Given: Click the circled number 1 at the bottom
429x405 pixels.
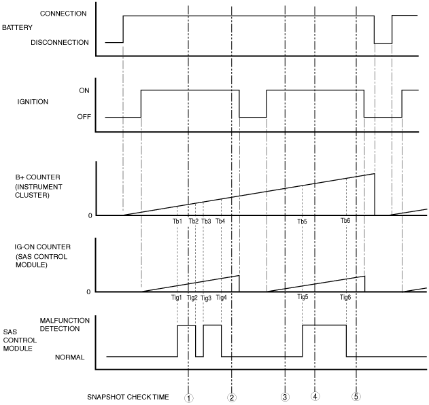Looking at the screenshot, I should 188,398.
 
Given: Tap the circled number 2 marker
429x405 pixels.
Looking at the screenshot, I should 232,398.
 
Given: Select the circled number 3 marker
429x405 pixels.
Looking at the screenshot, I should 285,397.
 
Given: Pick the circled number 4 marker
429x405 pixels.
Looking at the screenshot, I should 315,397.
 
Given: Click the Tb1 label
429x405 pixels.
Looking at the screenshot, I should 177,222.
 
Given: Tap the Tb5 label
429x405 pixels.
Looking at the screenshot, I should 302,222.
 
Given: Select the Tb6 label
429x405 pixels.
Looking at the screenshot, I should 345,222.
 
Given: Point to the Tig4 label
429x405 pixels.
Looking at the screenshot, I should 221,298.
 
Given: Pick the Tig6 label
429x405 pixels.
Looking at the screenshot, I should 345,298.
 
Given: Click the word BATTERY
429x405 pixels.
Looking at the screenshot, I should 17,29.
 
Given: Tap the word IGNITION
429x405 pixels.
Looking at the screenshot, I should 33,102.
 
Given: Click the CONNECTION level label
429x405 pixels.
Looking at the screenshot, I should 63,14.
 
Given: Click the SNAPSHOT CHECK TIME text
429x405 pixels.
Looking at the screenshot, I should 127,397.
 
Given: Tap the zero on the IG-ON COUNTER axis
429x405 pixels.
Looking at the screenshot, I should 88,292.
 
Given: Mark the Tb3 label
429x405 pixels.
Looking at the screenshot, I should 206,222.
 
